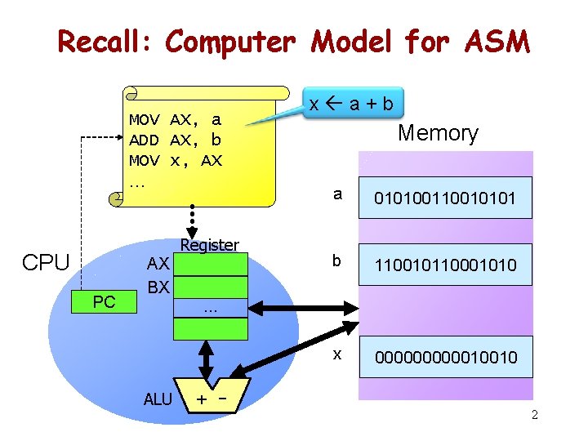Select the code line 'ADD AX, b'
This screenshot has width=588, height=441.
(x=176, y=140)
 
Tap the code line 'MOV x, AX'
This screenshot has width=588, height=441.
(x=176, y=160)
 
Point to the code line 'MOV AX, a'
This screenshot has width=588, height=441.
(x=176, y=120)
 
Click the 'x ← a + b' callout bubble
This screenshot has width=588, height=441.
(x=350, y=104)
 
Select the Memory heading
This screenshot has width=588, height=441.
(x=438, y=132)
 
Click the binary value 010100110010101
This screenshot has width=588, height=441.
(x=445, y=198)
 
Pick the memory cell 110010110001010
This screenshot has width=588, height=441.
(x=445, y=265)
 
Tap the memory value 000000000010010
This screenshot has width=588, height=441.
(x=445, y=357)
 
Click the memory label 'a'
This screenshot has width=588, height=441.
(x=337, y=194)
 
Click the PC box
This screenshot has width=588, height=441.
(x=104, y=302)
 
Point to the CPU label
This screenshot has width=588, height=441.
(x=47, y=263)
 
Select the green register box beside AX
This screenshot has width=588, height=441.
(x=211, y=264)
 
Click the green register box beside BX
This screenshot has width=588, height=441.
(x=211, y=287)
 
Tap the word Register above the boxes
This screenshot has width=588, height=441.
(x=209, y=245)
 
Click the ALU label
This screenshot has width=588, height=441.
(x=158, y=399)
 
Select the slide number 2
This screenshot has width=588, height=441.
(x=534, y=416)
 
